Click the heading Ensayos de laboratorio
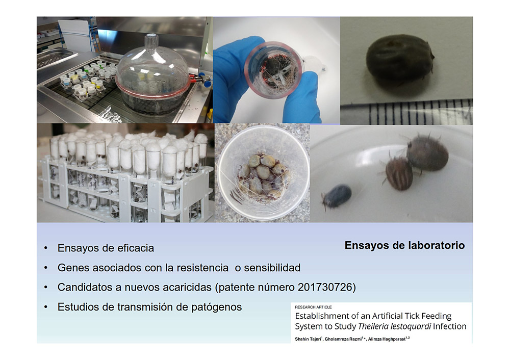[x=404, y=245]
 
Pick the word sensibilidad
[x=272, y=268]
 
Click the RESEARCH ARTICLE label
[x=313, y=307]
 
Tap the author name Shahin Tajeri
[x=308, y=339]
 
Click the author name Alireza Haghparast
[x=387, y=339]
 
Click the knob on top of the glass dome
[x=151, y=41]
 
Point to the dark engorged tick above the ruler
[x=399, y=61]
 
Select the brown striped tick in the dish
[x=398, y=172]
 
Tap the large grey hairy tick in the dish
[x=427, y=152]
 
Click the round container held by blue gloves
[x=274, y=69]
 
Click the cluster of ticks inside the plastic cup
[x=263, y=176]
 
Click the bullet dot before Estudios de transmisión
[x=46, y=307]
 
